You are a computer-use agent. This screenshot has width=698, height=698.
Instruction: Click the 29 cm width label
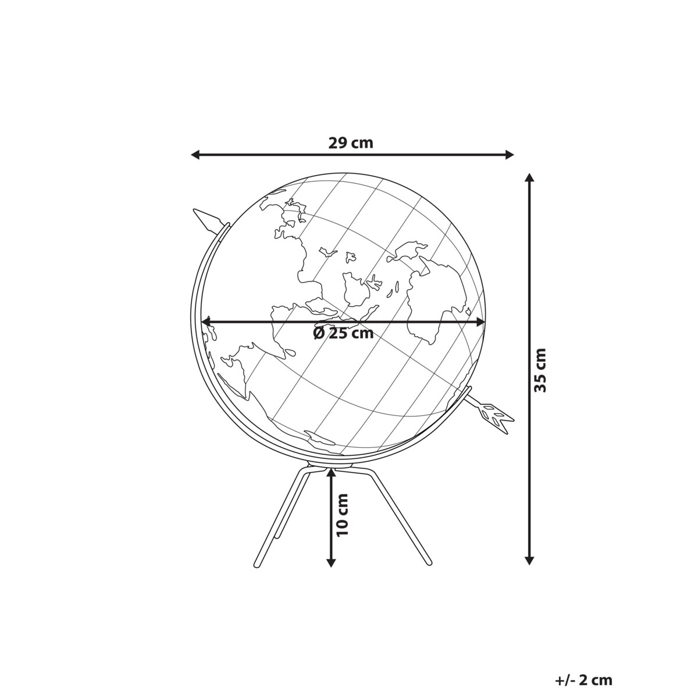point(350,143)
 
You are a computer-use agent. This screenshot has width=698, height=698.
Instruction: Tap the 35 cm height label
point(540,370)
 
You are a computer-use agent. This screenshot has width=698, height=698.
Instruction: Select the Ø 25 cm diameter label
point(343,333)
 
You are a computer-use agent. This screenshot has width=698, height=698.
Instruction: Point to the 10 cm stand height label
point(341,520)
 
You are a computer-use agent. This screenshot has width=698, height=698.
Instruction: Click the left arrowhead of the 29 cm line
point(195,155)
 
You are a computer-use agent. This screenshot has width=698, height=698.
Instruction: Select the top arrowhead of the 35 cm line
point(529,178)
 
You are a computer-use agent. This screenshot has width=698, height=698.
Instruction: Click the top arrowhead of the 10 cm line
point(331,473)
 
